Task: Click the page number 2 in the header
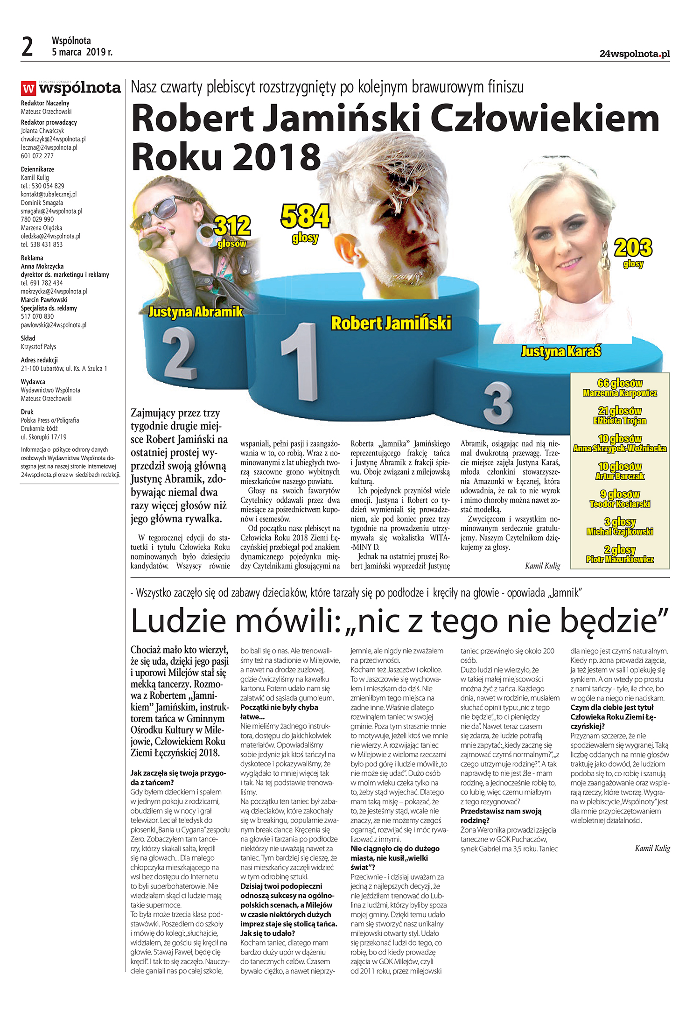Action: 28,47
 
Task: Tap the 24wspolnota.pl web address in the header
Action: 634,54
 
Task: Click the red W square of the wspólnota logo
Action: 28,88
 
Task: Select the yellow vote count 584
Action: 305,217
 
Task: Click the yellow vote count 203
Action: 633,248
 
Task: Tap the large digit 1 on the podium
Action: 301,362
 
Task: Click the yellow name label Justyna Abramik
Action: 196,312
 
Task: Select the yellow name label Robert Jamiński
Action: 391,323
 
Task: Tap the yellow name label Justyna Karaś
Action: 561,351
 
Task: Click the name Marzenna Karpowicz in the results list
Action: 620,393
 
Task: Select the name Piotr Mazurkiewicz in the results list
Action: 620,559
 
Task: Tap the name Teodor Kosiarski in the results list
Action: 620,504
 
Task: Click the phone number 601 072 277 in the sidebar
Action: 37,156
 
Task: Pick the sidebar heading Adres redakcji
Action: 39,360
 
